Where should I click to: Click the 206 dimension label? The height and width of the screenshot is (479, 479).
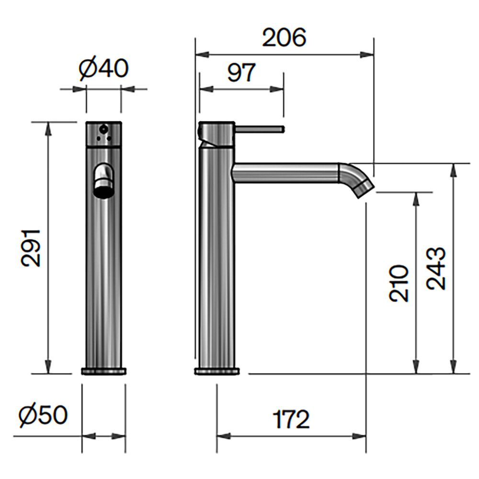[284, 37]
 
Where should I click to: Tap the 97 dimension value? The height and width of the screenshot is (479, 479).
[241, 72]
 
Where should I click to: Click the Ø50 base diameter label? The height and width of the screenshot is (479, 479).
[43, 415]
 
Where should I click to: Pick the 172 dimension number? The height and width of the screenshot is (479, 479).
[291, 419]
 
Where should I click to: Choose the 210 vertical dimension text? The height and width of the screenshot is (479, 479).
[399, 283]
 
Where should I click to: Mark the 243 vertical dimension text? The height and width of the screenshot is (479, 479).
[436, 268]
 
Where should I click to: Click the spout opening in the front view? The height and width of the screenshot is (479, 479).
[103, 193]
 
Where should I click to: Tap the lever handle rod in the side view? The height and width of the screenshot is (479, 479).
[260, 129]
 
